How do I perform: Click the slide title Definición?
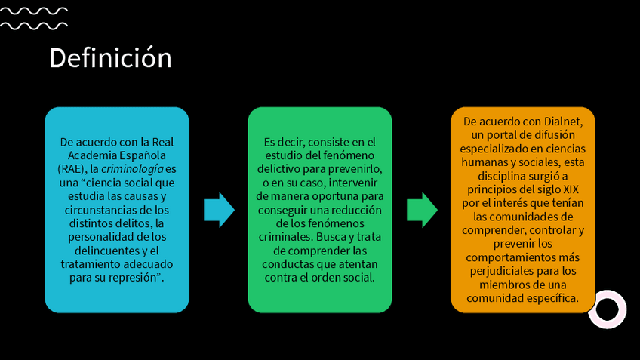(110, 58)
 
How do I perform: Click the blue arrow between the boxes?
(219, 209)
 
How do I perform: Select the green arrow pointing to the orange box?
(422, 209)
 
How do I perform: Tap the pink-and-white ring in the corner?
(607, 309)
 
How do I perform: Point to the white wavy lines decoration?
(34, 18)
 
